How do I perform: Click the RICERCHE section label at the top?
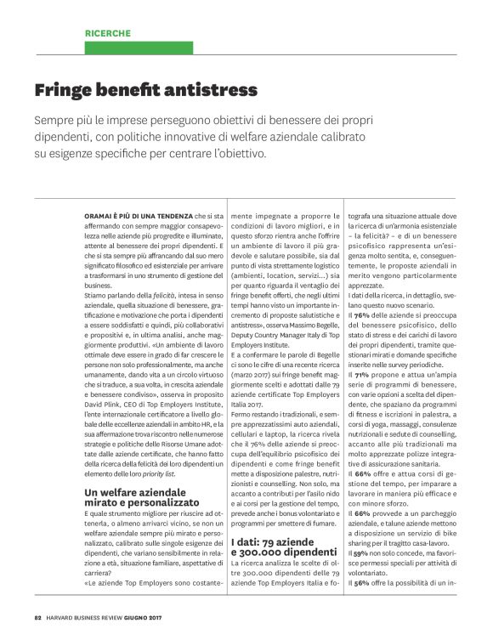(107, 33)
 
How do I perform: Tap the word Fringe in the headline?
(65, 89)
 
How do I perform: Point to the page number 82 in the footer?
(38, 617)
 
